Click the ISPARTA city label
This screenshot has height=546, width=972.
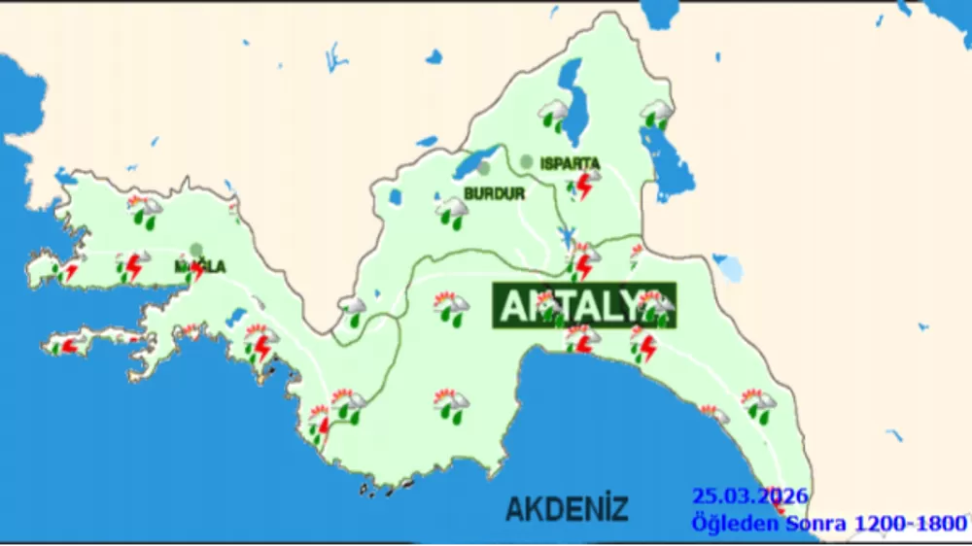point(570,163)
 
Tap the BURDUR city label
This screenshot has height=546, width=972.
point(494,193)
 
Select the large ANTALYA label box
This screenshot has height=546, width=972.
point(583,305)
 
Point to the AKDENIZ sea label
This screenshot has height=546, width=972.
point(567,508)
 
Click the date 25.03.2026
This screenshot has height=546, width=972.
point(749,496)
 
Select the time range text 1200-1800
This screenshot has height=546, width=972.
point(910,524)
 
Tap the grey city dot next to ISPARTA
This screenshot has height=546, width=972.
point(526,161)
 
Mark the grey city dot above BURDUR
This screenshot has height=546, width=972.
point(484,168)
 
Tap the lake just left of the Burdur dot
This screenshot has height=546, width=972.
point(469,163)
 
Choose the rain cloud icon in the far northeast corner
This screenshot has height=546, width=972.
point(656,116)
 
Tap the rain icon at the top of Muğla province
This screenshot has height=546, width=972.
point(147,211)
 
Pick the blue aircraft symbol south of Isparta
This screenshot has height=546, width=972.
point(566,235)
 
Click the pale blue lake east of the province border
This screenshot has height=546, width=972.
point(729,267)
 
